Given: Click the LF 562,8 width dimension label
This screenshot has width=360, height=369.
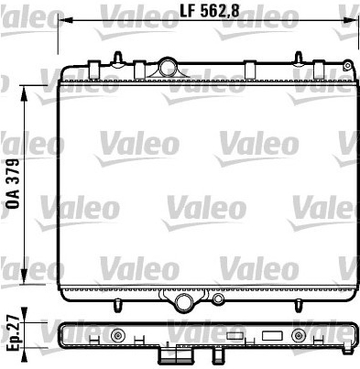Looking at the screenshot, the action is (210, 11).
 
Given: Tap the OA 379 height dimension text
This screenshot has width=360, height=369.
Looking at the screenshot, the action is (13, 184).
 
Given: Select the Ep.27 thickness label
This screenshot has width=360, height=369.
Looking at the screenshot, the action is (14, 333).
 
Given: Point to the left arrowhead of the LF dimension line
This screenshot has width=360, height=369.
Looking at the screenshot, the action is (65, 20).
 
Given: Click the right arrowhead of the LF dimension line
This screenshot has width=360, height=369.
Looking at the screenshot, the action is (351, 20).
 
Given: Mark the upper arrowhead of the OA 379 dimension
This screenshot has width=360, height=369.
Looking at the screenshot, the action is (24, 92).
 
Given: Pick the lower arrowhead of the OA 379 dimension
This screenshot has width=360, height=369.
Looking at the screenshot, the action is (24, 277).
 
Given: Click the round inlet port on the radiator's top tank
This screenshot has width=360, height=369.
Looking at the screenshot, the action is (168, 66).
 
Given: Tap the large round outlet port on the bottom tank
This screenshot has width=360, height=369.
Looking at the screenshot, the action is (183, 301).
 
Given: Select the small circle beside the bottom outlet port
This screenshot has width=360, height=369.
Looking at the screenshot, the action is (218, 298).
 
